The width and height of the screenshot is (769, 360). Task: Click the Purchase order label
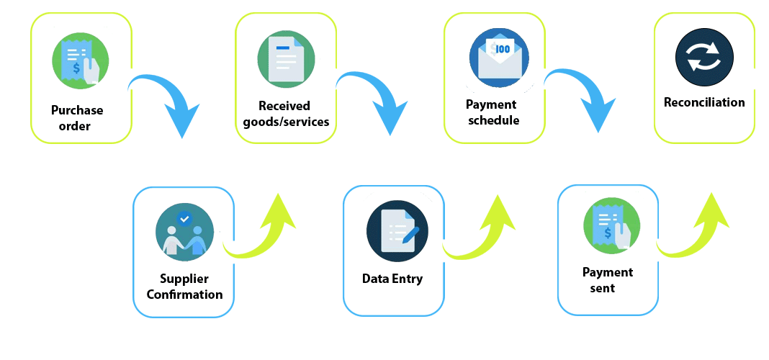pos(76,119)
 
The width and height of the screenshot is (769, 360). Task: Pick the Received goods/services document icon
pos(286,59)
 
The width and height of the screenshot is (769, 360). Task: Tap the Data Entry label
pos(392,279)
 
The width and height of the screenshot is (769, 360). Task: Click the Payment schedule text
pos(493,113)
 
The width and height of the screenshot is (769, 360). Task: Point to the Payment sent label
pos(607,280)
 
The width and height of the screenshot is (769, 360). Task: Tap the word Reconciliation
pos(704,102)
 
